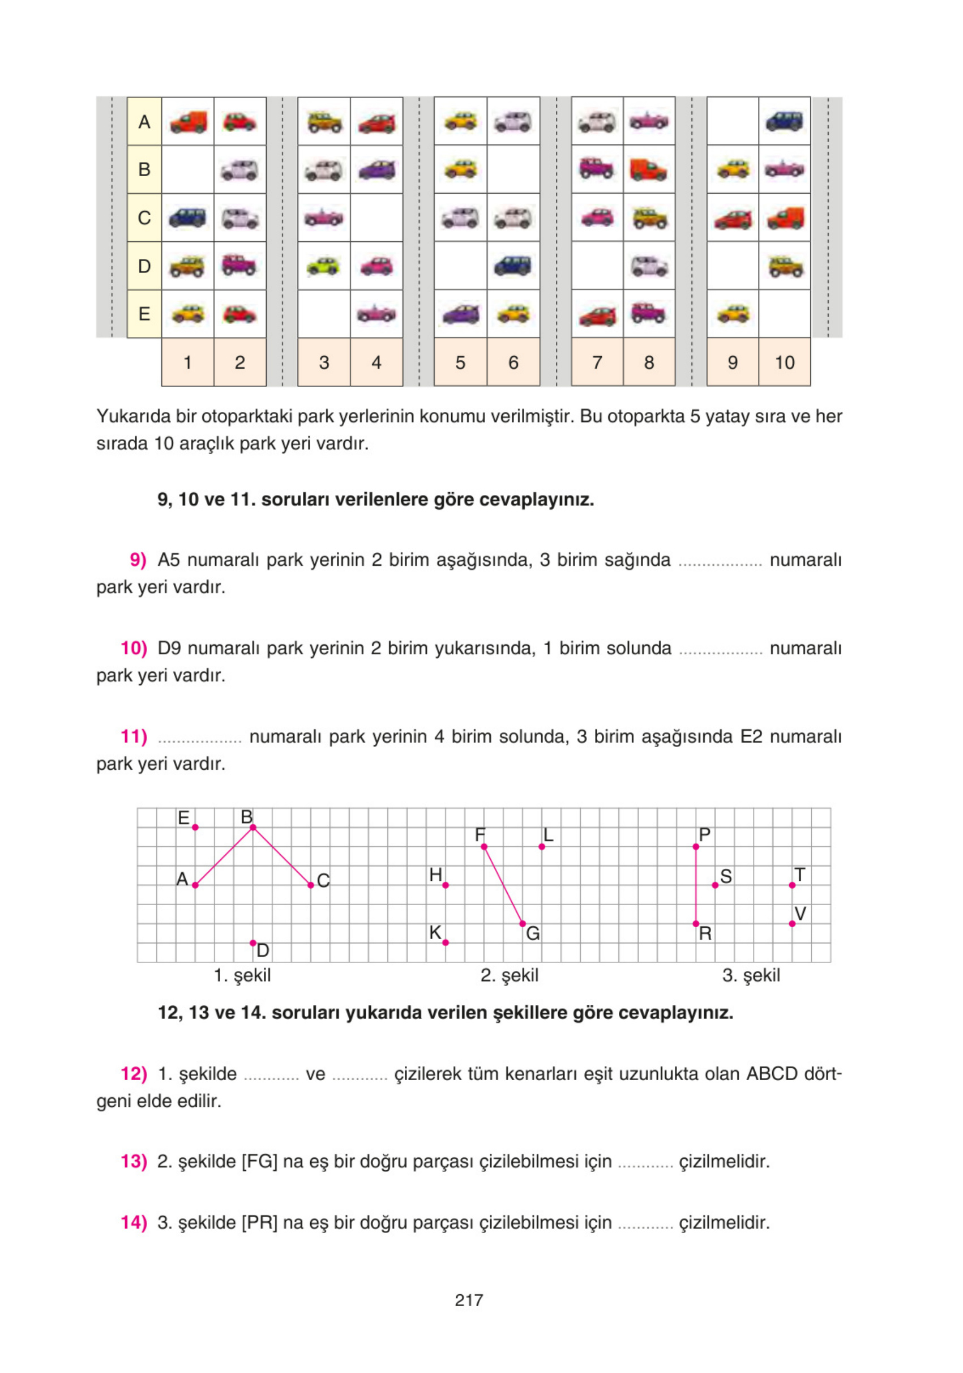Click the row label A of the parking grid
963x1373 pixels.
click(x=144, y=122)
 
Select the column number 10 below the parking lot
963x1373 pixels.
click(x=784, y=363)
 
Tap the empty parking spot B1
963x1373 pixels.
click(x=188, y=170)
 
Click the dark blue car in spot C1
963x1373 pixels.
click(x=188, y=218)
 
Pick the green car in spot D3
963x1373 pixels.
click(x=323, y=266)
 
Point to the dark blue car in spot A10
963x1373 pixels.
click(x=784, y=121)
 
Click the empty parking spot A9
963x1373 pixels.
click(x=732, y=121)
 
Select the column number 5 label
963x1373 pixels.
click(x=460, y=363)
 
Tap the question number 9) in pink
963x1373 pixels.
click(x=138, y=560)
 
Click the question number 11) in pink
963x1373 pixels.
click(x=134, y=736)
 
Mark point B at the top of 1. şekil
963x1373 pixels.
click(x=253, y=827)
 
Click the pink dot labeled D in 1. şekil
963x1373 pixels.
click(x=253, y=943)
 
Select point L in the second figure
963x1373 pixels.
click(x=542, y=846)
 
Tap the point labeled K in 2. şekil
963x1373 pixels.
click(x=446, y=943)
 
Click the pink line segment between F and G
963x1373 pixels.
click(x=503, y=885)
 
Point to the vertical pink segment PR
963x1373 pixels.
click(x=696, y=885)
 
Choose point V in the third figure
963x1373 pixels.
click(x=792, y=923)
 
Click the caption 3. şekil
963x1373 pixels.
click(x=751, y=975)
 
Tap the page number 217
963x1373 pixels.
click(x=469, y=1300)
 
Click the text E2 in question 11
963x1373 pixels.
click(x=751, y=736)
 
